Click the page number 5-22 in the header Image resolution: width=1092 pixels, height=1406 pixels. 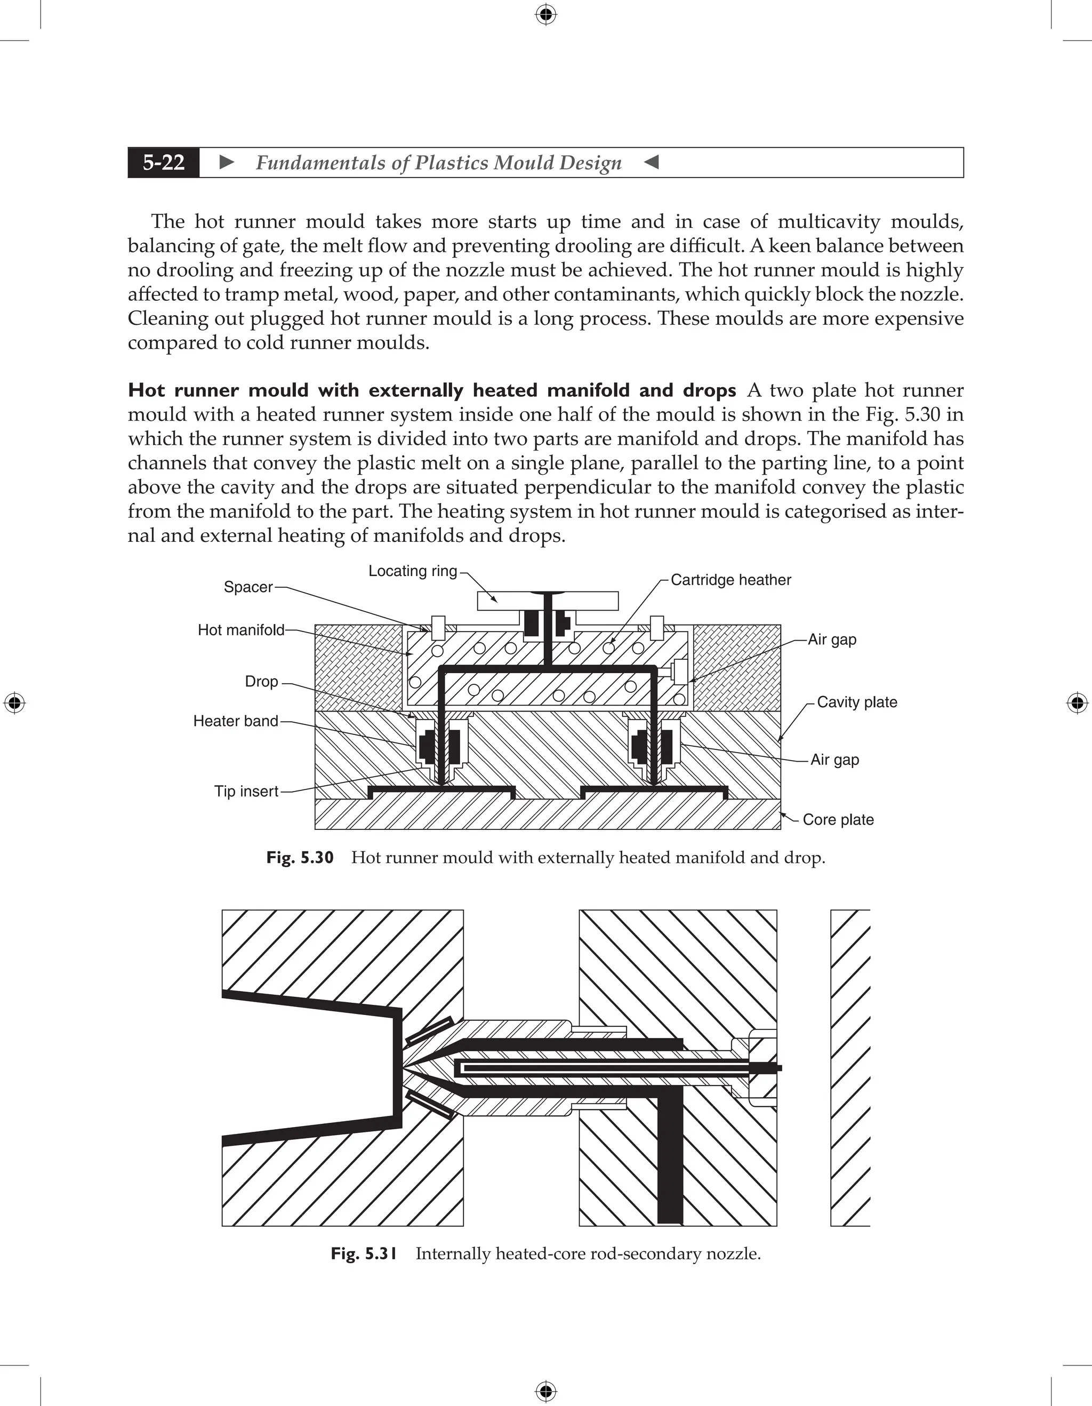[x=164, y=162]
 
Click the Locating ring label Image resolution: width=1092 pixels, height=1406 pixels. [x=413, y=571]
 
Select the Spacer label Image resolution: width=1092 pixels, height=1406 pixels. [x=248, y=587]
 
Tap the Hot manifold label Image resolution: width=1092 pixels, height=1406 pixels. [x=240, y=630]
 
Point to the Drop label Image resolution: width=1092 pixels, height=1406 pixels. [x=261, y=682]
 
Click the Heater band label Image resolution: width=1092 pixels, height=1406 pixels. [x=236, y=721]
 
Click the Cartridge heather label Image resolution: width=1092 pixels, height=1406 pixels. [x=730, y=580]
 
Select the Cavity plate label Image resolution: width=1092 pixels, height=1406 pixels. [x=856, y=702]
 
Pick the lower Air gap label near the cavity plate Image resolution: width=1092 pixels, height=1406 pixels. [x=834, y=760]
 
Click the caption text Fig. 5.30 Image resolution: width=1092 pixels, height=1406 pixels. [x=300, y=858]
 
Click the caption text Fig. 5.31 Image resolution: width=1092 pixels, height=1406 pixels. [x=364, y=1254]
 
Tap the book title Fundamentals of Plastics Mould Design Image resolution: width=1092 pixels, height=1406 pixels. [x=438, y=162]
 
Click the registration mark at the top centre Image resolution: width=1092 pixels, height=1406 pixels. [x=545, y=14]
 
